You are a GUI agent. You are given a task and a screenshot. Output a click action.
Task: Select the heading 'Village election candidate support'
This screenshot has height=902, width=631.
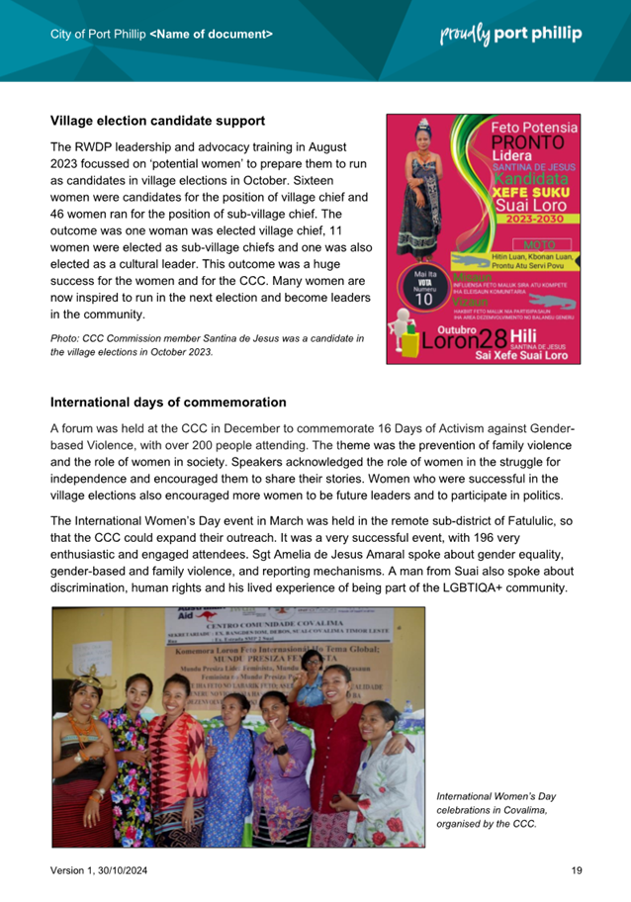click(x=157, y=121)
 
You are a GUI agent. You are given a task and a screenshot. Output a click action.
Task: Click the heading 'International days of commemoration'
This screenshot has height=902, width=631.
click(x=168, y=403)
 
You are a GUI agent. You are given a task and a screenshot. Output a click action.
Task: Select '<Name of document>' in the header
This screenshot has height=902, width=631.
click(x=212, y=35)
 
